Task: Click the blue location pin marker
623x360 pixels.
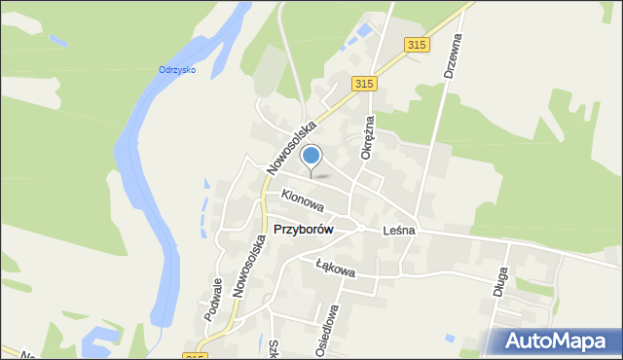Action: [311, 156]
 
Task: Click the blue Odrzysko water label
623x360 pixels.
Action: [177, 69]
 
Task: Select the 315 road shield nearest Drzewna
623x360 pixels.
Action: [417, 45]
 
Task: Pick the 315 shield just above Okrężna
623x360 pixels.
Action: [364, 85]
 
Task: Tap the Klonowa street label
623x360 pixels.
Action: [302, 198]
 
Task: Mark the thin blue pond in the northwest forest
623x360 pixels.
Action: [57, 42]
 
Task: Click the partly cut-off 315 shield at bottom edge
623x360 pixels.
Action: [195, 356]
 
